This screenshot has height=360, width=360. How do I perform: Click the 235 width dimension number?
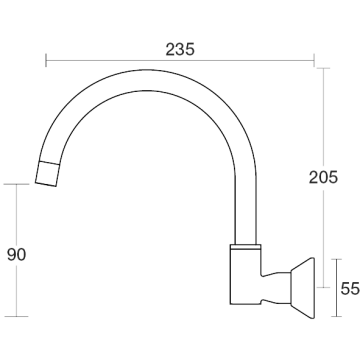180,50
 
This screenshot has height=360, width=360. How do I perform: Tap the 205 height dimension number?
323,177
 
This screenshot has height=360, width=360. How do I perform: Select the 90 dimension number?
16,255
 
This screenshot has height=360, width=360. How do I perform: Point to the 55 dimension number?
350,288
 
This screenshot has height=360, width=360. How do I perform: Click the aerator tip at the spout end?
48,174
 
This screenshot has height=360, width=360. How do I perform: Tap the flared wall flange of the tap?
303,288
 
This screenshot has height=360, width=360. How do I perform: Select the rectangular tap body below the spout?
245,277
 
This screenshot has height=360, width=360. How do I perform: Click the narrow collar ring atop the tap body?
245,247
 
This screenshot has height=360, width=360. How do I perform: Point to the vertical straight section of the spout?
246,210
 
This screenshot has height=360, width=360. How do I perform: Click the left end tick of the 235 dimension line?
46,60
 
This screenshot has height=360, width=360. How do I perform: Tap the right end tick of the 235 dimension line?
314,60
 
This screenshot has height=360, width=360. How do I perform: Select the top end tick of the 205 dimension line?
323,68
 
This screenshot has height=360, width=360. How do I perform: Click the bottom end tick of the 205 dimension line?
323,287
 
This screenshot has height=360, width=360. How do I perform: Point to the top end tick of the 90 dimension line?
16,184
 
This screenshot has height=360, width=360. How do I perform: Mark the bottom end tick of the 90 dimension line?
16,316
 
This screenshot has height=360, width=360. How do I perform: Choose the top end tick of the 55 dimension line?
337,259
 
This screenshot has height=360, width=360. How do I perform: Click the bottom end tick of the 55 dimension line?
337,316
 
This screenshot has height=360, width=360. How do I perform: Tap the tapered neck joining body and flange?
276,288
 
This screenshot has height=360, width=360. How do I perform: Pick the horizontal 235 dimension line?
180,60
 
